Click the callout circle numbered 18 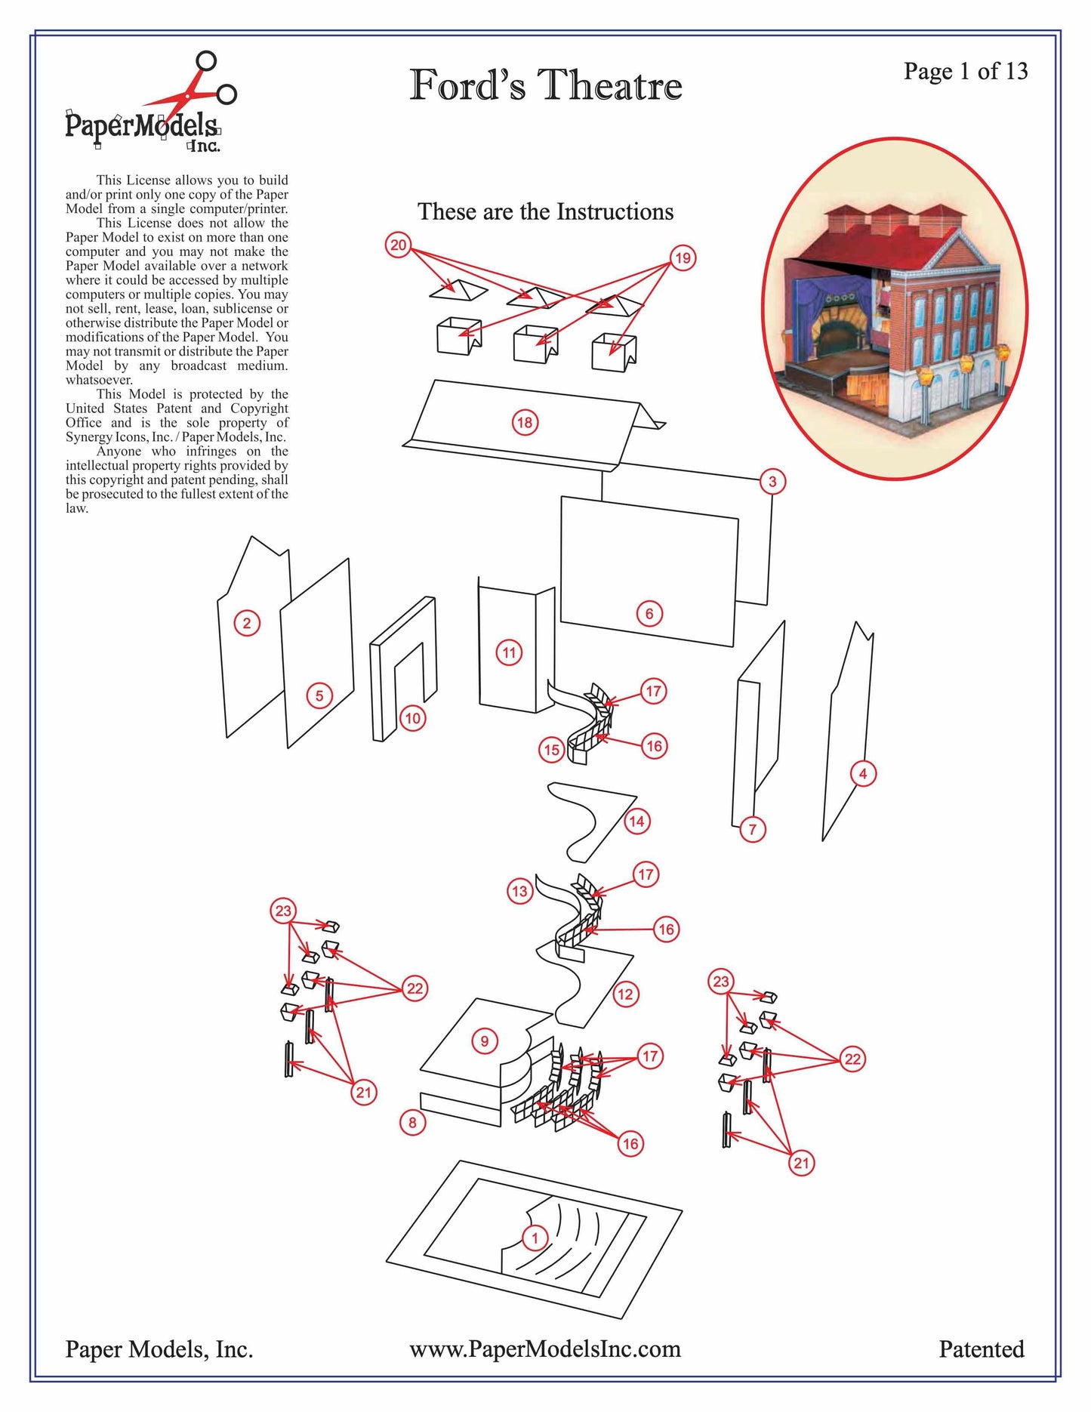coord(525,422)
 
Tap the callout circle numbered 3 coord(772,481)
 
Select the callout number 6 coord(649,613)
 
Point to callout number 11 coord(509,652)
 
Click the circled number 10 coord(412,717)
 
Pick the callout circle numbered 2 coord(246,623)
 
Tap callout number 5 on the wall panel coord(319,695)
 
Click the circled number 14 coord(636,821)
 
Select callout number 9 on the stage coord(485,1041)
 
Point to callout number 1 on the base coord(535,1238)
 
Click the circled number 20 coord(398,245)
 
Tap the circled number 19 coord(683,258)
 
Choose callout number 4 coord(863,773)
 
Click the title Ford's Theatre coord(546,84)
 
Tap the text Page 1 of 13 coord(966,71)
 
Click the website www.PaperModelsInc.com coord(545,1349)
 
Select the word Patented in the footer coord(982,1349)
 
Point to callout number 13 coord(519,891)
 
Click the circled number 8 coord(412,1122)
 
